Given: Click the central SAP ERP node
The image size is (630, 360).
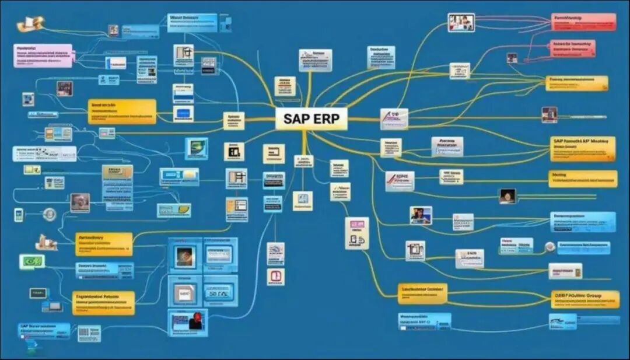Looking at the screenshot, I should coord(311,118).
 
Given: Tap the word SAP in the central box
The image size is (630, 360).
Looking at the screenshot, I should coord(296,118).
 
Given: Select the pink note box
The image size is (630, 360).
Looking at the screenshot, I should coord(43,55).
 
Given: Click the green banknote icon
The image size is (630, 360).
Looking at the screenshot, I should coord(32,261).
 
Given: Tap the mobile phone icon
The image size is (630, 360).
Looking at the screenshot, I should coord(19,214).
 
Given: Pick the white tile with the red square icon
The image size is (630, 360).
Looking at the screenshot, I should coord(275,277).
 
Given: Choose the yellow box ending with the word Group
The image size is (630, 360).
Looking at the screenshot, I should coord(584,299).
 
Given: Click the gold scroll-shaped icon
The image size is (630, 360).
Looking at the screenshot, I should coord(30,24).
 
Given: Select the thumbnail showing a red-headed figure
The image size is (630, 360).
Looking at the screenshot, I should coord(188,323).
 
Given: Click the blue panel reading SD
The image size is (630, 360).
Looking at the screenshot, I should coord(220,291).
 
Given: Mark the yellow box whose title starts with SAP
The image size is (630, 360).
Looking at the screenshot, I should coord(582,149).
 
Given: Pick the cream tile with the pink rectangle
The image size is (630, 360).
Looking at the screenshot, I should coord(356,233).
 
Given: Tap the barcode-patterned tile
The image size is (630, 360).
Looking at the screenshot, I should coord(89,333).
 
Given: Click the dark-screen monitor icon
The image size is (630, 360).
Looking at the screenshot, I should coord(38,293).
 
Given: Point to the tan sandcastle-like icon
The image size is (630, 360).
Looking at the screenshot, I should coord(47,242).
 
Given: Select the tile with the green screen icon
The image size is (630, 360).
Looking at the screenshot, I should coord(196,148).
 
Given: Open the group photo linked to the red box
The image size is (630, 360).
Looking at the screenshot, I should coord(461,23).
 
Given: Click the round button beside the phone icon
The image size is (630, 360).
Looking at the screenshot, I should coord(50,214).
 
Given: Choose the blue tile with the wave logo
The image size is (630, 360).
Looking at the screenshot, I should coord(562,321).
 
